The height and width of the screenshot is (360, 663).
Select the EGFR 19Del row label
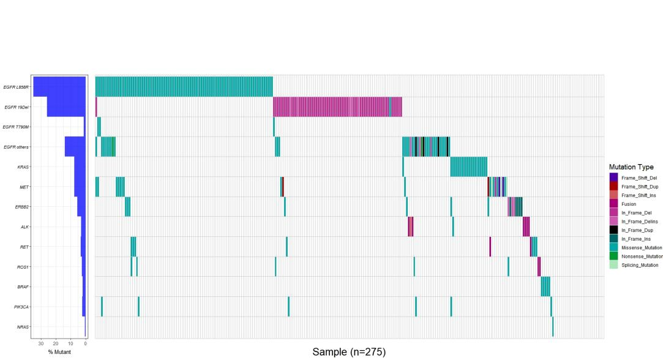(x=17, y=107)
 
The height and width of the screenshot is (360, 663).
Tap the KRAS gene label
(x=24, y=167)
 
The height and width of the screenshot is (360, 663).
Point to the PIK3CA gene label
(x=23, y=307)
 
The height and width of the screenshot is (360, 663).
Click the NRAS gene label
(x=24, y=327)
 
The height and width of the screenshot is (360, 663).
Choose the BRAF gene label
(x=24, y=287)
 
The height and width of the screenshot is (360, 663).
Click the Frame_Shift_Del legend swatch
(x=614, y=178)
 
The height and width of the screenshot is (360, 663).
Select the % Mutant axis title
(x=59, y=352)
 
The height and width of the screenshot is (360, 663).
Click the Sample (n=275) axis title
(x=349, y=352)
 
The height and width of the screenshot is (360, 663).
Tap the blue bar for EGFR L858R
(x=59, y=86)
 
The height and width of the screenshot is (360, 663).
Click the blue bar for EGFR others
(x=75, y=147)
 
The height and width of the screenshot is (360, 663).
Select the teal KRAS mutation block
(x=468, y=167)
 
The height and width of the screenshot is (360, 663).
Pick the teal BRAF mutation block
(x=545, y=287)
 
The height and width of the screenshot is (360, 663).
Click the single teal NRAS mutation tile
(x=553, y=326)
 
